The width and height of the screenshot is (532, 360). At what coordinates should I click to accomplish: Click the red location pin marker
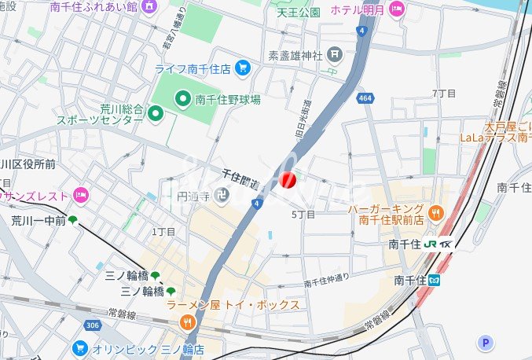point(288,180)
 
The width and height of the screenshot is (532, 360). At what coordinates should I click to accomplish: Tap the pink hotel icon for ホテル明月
point(397,9)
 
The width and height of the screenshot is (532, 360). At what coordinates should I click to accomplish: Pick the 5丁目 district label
point(303,214)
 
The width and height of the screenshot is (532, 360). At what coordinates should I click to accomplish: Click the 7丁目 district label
point(444,94)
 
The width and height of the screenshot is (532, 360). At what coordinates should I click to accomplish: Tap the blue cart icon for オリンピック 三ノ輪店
point(79,347)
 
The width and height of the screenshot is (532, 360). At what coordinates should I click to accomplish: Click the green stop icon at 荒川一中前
point(73,221)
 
